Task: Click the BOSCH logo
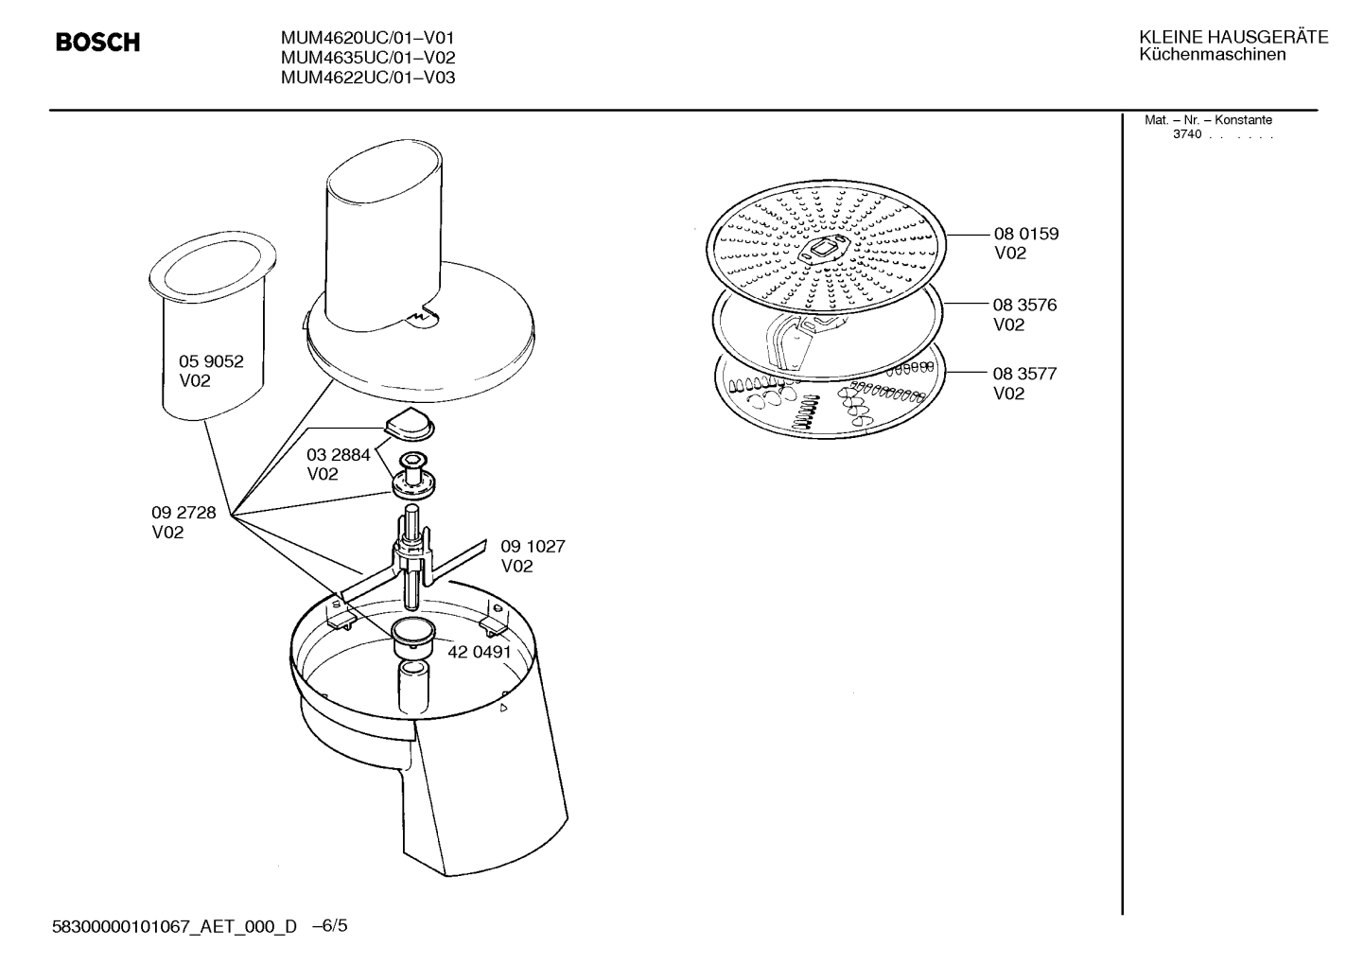tap(98, 42)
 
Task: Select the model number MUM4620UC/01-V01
tap(367, 38)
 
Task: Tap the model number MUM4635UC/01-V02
tap(368, 58)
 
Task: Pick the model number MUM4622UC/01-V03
tap(368, 78)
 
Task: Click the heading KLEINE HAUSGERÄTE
tap(1233, 37)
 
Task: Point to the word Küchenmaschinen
tap(1213, 55)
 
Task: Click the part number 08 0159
tap(1026, 234)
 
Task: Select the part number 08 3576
tap(1024, 305)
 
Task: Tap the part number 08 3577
tap(1024, 374)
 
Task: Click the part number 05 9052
tap(211, 361)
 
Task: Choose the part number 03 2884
tap(339, 455)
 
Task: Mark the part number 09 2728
tap(184, 513)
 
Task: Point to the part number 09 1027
tap(533, 546)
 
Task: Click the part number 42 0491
tap(480, 652)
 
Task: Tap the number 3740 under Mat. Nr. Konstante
tap(1187, 134)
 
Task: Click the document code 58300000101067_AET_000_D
tap(174, 927)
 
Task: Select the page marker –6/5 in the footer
tap(329, 925)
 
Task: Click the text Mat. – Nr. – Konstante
tap(1208, 120)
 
